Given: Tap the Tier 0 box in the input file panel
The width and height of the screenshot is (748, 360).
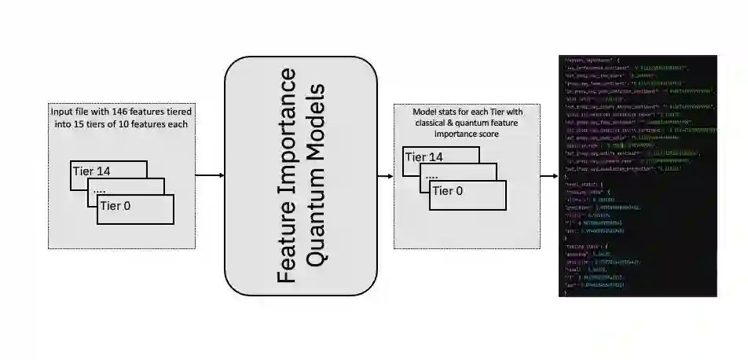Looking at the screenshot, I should tap(135, 208).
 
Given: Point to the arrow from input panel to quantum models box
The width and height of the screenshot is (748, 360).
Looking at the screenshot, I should tap(208, 176).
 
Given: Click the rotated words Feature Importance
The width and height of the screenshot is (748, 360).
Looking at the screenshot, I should tap(288, 177).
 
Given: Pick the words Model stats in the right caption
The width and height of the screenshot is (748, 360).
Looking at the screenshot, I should tap(436, 111).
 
